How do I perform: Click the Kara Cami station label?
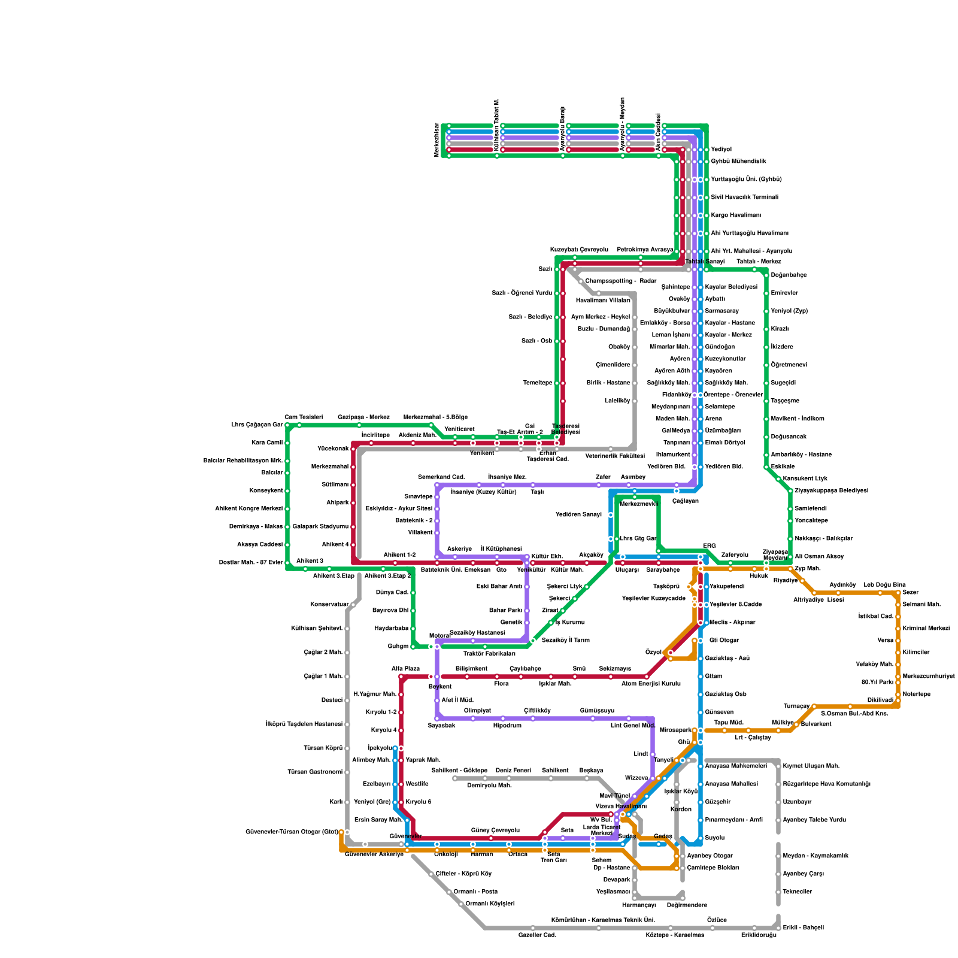point(266,443)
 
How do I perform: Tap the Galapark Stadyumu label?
point(320,527)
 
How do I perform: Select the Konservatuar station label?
point(329,605)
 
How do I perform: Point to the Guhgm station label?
point(398,647)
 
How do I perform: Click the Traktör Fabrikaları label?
point(489,654)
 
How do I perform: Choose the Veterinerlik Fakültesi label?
point(615,456)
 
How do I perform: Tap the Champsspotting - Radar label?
point(621,281)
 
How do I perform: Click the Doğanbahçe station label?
point(789,275)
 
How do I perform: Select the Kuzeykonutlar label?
point(725,359)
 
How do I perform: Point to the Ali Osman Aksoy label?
point(819,557)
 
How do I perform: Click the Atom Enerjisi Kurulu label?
point(651,684)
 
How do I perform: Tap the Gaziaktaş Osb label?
point(725,695)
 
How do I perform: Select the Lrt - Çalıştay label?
point(753,738)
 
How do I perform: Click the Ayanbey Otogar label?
point(710,856)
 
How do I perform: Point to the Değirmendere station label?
point(687,905)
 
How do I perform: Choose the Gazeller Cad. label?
point(537,935)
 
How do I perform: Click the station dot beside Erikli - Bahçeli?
point(778,928)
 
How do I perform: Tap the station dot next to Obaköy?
point(635,347)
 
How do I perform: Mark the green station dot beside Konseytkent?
point(287,491)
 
